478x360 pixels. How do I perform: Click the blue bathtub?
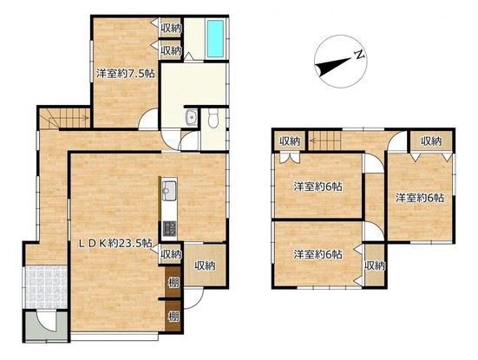pos(215,38)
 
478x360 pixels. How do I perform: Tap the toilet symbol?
pos(213,118)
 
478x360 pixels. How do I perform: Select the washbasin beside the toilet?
pos(191,117)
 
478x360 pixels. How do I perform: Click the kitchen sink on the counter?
pos(169,191)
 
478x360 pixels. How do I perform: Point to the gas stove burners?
pos(169,228)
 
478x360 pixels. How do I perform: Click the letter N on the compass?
pos(359,55)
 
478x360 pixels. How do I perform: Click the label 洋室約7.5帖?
pos(125,74)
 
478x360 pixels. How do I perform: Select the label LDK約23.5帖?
pos(116,243)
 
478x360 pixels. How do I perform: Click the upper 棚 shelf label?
pos(174,283)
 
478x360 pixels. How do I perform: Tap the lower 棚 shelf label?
pos(174,317)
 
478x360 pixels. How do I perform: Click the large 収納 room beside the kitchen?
pos(205,265)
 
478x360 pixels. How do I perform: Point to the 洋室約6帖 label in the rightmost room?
pos(420,198)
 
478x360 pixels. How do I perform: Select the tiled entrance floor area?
pos(46,287)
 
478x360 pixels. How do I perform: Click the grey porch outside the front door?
pos(46,325)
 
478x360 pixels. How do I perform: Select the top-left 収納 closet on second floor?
pos(290,141)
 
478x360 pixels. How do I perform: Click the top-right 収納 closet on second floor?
pos(431,141)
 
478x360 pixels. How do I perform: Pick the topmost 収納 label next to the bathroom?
pos(171,29)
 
